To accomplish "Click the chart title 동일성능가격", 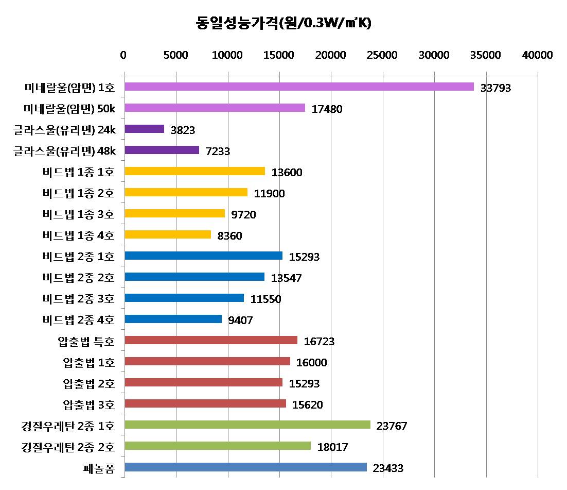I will (x=283, y=23).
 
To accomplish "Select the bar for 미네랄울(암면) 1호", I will (x=299, y=87).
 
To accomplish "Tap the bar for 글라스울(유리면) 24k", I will (x=145, y=129).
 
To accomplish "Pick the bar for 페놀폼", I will (x=245, y=467).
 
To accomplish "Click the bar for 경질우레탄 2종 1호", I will (x=247, y=425).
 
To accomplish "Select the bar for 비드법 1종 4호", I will (x=168, y=234).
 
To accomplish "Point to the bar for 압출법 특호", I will (x=211, y=340).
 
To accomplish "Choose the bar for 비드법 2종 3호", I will (x=184, y=298).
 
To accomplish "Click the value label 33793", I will (x=495, y=88).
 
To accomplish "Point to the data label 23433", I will (x=388, y=468).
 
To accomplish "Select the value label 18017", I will (x=333, y=447).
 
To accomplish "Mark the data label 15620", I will (x=307, y=405).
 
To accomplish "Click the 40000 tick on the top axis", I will (x=538, y=55).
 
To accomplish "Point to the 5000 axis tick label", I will (x=176, y=55).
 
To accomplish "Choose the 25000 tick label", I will (x=383, y=55).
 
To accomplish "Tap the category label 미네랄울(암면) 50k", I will (x=69, y=108).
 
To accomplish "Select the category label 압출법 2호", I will (x=88, y=383).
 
